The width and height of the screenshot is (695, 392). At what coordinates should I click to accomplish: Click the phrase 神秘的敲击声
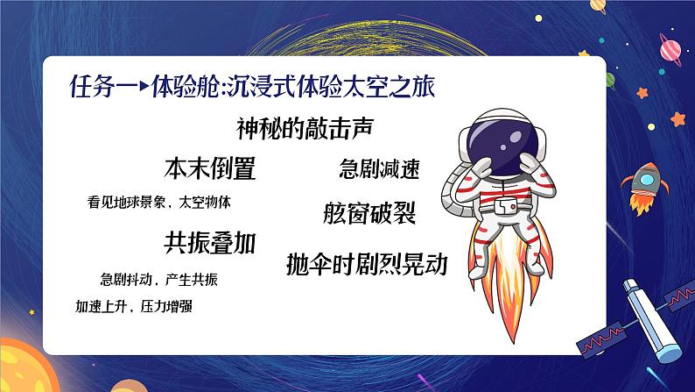coord(305,127)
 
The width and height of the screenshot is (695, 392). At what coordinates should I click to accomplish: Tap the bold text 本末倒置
coord(210,167)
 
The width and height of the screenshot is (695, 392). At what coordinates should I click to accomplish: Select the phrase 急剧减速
coord(379,169)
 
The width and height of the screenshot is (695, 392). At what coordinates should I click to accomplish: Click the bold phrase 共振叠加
coord(210,242)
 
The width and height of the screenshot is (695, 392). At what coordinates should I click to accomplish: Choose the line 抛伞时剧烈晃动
coord(367,264)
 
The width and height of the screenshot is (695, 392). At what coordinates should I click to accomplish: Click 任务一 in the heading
coord(97,89)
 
